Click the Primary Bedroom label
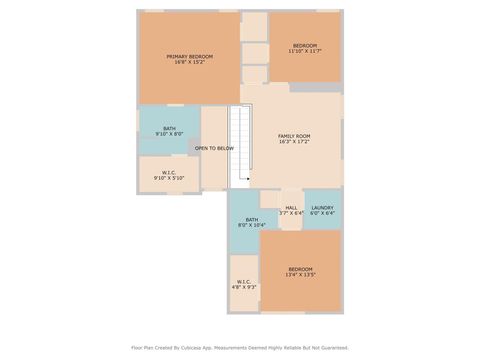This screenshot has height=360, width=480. pos(189,56)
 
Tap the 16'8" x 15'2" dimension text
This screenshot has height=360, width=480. pos(189,62)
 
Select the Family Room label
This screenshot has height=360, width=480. pos(294,136)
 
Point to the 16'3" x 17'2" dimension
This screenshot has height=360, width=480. pos(294,142)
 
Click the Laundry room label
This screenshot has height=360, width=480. pos(322,208)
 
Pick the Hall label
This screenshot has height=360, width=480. pos(291,208)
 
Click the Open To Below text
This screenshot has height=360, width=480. pos(214,148)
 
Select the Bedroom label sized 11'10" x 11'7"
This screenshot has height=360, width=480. pos(304,46)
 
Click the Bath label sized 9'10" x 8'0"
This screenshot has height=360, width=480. pos(169,128)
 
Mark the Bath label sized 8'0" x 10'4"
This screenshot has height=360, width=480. pos(252,220)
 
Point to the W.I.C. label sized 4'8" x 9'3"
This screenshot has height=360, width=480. pos(244,281)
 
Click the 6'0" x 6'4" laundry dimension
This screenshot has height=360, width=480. pos(322,213)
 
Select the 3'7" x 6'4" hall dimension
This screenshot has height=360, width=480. pos(291,213)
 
